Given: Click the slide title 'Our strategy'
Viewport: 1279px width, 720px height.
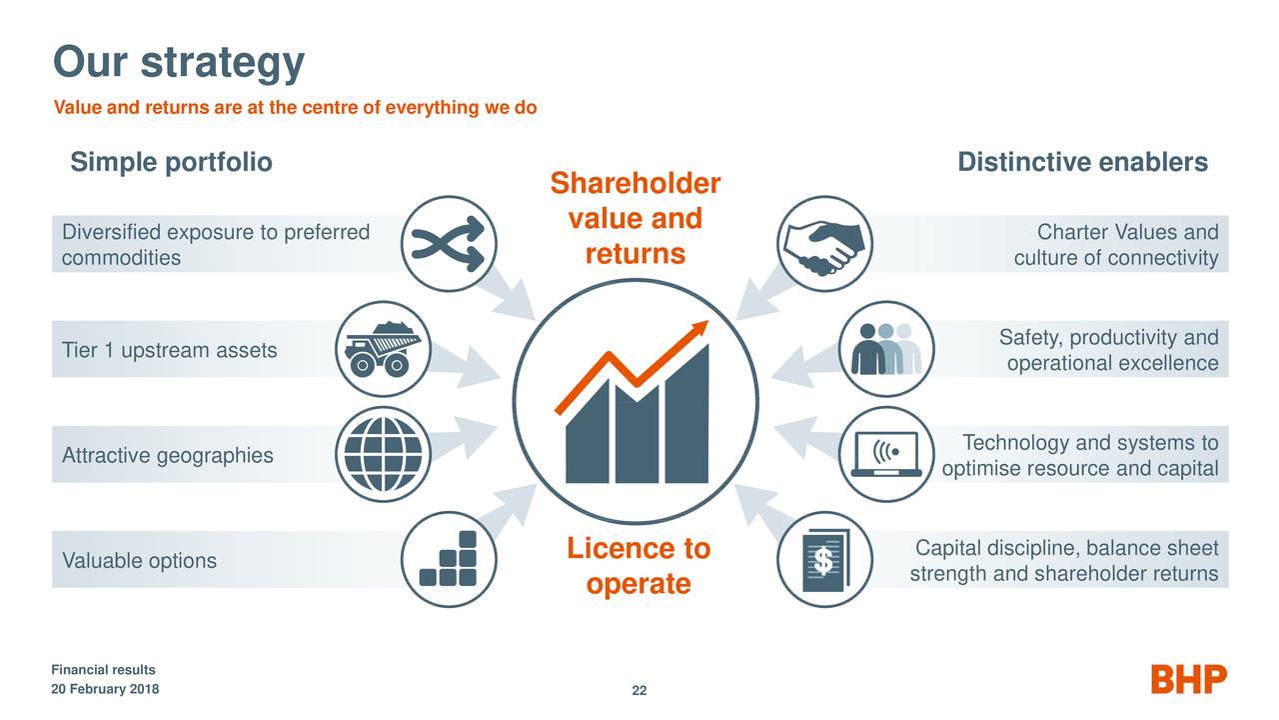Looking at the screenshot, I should click(x=178, y=62).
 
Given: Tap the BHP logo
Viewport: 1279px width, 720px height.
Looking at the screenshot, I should click(x=1189, y=679).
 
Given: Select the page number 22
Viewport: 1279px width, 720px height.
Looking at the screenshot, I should click(x=639, y=692).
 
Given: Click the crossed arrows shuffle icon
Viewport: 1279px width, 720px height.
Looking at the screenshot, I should click(x=448, y=243).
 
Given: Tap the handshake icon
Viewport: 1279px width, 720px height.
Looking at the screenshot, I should click(x=825, y=243).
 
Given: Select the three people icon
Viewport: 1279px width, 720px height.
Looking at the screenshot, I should click(x=886, y=349).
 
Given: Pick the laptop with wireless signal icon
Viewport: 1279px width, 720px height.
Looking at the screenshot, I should click(x=886, y=455).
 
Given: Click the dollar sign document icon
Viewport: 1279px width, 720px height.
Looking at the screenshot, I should click(x=825, y=560).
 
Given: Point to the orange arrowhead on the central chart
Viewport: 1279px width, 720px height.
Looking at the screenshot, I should click(x=698, y=330).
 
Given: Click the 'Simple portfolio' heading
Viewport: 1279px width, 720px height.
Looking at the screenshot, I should click(x=171, y=163).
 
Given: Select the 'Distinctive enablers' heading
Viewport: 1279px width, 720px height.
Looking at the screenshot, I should click(x=1082, y=163).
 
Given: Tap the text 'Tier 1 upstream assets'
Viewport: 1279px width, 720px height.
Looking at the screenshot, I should click(x=170, y=350).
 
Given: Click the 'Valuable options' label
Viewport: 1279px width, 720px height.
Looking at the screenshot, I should click(x=140, y=560).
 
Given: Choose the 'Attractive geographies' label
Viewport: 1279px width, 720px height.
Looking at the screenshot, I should click(x=168, y=456).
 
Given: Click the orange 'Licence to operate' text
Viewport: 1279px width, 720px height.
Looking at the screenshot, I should click(x=639, y=566).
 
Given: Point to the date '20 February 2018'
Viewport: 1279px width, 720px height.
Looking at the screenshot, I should click(x=105, y=691).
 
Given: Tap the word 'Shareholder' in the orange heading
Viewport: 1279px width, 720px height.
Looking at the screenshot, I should click(x=636, y=185).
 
